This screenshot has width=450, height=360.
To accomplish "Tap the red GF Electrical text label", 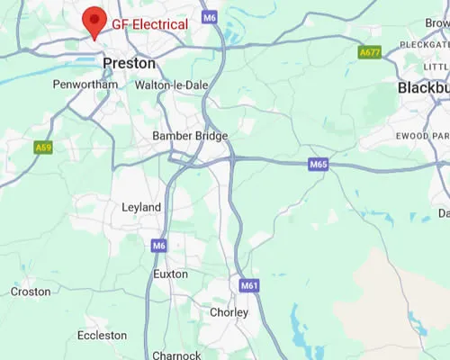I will (x=149, y=24).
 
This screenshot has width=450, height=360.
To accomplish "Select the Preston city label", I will (x=130, y=64).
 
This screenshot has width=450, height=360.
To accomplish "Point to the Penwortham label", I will (x=85, y=85).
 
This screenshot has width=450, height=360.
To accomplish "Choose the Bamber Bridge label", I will (x=190, y=136).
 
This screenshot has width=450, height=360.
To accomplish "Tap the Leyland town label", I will (x=141, y=208).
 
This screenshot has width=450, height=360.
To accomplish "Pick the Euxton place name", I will (x=171, y=274).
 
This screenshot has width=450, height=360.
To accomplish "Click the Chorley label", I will (x=229, y=312).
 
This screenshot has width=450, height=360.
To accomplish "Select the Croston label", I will (x=31, y=292).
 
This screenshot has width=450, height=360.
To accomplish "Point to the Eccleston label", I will (x=102, y=335).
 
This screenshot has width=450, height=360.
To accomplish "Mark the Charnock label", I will (x=176, y=355).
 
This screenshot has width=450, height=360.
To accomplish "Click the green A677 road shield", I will (x=369, y=53).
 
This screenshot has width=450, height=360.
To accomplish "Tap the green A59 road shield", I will (x=42, y=147).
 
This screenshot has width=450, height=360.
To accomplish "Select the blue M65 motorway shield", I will (x=319, y=165).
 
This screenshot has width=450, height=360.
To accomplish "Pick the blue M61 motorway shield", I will (x=249, y=285).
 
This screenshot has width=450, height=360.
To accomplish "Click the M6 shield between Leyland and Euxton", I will (x=159, y=245).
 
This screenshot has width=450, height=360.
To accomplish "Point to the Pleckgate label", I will (x=424, y=43).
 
